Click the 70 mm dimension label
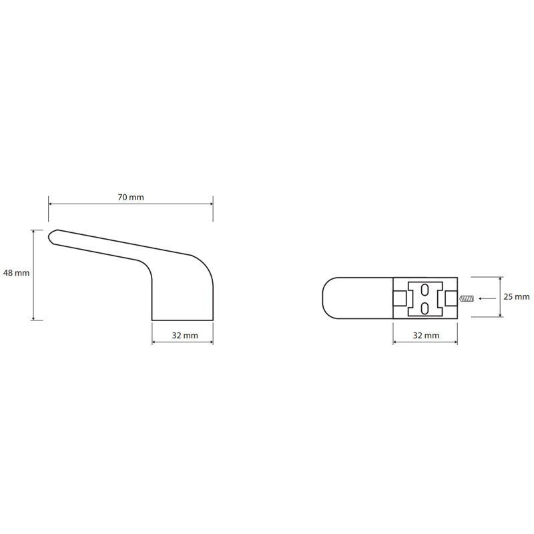point(131,197)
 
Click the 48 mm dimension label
point(16,273)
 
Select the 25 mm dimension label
point(517,296)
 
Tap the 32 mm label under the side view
point(185,336)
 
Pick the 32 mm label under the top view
point(426,336)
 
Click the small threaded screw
point(467,298)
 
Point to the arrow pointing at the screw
point(487,298)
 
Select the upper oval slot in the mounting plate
point(425,290)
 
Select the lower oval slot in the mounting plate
point(425,308)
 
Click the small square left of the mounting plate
point(400,298)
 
